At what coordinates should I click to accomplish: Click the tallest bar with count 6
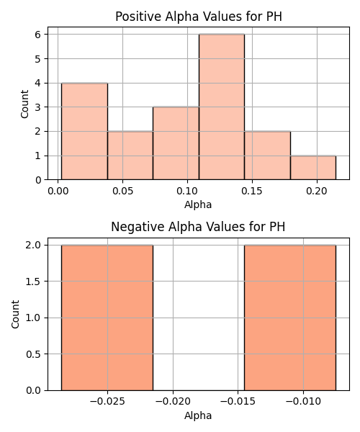click(x=222, y=107)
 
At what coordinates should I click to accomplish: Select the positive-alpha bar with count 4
click(x=84, y=132)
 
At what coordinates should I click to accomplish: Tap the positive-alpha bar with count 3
click(x=176, y=143)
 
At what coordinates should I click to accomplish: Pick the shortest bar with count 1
click(x=313, y=168)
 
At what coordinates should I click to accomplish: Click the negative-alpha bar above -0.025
click(x=107, y=318)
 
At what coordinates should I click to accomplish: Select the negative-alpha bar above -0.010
click(x=290, y=318)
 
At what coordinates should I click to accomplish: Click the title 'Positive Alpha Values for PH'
click(x=199, y=17)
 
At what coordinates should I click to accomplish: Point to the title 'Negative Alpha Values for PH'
click(x=198, y=227)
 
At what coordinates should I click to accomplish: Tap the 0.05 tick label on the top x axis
click(x=123, y=191)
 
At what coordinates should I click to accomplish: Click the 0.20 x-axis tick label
click(x=317, y=191)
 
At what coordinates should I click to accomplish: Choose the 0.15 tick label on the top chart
click(x=252, y=191)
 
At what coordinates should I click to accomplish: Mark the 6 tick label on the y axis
click(x=37, y=35)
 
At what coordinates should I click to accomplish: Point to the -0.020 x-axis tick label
click(x=173, y=402)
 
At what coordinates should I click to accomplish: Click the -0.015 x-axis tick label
click(x=238, y=402)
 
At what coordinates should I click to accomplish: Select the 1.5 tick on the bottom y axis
click(x=33, y=282)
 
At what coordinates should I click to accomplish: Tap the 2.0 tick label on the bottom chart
click(x=33, y=246)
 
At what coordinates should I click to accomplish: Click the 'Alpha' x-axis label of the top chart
click(x=198, y=205)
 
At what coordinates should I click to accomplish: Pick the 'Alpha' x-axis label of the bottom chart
click(x=198, y=415)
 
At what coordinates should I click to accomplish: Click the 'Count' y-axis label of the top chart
click(x=24, y=104)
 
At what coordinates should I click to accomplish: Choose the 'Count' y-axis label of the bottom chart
click(x=15, y=315)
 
